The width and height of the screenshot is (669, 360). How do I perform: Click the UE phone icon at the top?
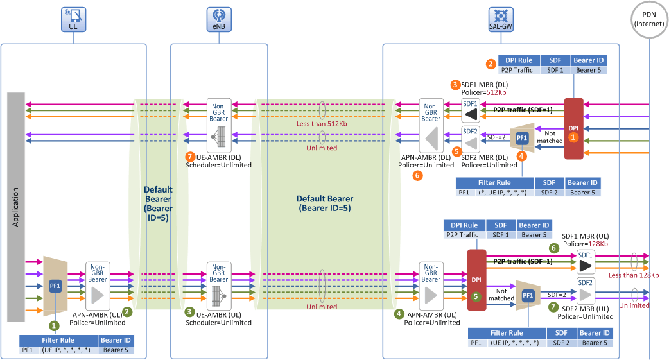73,19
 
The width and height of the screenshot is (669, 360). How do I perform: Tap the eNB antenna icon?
219,19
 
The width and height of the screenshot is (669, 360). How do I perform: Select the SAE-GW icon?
501,19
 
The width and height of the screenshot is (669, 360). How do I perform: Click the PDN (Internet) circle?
649,19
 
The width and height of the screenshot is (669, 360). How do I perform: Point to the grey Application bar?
16,207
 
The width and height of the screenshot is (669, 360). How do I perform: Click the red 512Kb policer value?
496,92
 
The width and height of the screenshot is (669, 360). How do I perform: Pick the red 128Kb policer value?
598,244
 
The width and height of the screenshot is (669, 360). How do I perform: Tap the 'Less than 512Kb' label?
322,124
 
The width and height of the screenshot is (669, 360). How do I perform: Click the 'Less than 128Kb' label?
634,275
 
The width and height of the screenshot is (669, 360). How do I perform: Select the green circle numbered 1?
54,326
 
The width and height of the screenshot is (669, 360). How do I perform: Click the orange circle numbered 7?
190,157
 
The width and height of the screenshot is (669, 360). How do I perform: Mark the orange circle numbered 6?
418,175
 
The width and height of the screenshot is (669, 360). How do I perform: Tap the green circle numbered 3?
190,312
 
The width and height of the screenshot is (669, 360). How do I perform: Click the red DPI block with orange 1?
574,128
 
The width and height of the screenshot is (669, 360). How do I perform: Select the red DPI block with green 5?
476,280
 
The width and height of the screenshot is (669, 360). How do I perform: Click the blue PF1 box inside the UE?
55,286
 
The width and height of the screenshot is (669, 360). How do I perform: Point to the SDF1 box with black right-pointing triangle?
586,262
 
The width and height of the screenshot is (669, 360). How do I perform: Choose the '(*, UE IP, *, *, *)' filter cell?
502,193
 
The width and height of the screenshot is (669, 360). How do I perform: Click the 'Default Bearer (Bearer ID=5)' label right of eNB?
325,203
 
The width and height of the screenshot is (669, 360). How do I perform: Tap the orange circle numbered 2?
491,64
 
